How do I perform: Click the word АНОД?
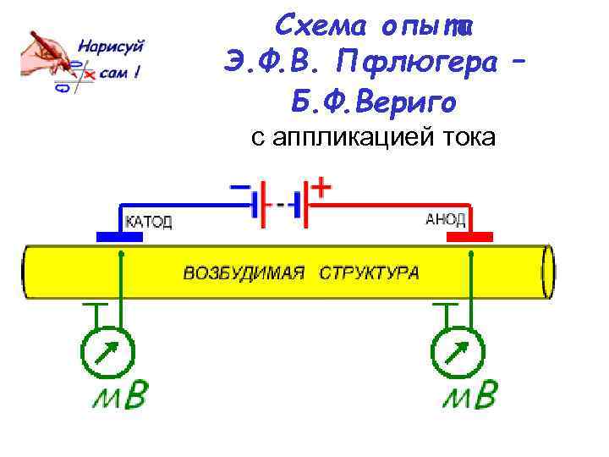(x=445, y=219)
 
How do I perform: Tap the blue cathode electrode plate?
(x=119, y=237)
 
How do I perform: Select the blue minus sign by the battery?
(x=239, y=185)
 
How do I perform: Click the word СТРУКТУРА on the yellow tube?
(x=369, y=273)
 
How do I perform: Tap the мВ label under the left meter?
(x=120, y=396)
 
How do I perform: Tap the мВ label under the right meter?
(x=469, y=396)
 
